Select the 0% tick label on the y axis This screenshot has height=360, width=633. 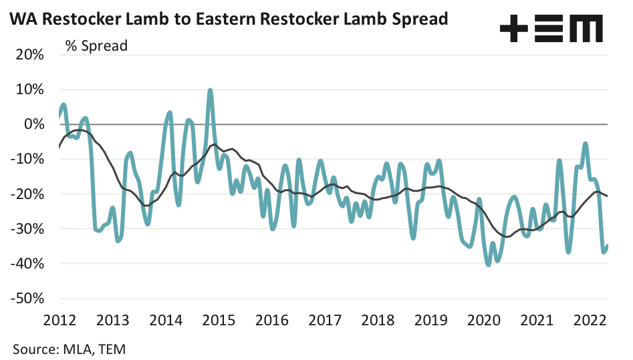tap(33, 124)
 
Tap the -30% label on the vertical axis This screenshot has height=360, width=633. tap(28, 229)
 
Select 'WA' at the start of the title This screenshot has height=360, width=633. tap(19, 19)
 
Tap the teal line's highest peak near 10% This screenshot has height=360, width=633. tap(211, 90)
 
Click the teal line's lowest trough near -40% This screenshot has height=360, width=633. tap(489, 264)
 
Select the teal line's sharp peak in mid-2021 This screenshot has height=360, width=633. tap(559, 161)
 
